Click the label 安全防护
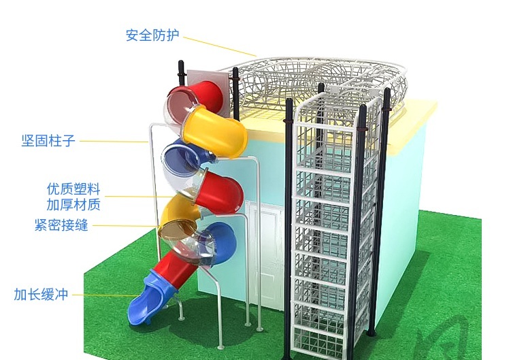152,35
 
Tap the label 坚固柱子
48,141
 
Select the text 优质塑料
73,189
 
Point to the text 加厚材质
73,205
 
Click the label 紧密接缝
61,225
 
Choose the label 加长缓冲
41,294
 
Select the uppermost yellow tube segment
214,132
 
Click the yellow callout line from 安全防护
220,47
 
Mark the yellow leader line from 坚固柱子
114,142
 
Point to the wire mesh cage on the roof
316,83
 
